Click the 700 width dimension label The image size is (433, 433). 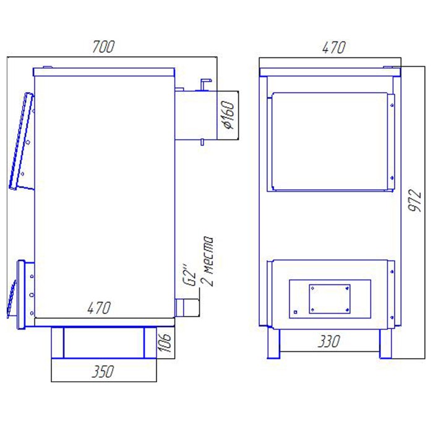103,46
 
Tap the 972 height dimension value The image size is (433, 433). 415,201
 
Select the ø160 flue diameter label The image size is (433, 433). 229,114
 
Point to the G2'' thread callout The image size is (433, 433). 190,276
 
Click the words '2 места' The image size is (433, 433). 208,261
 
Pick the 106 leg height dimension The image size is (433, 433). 165,343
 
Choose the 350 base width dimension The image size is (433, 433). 103,371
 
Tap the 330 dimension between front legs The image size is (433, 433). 328,341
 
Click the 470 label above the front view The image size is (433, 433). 333,47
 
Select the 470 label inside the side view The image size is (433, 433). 99,307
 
